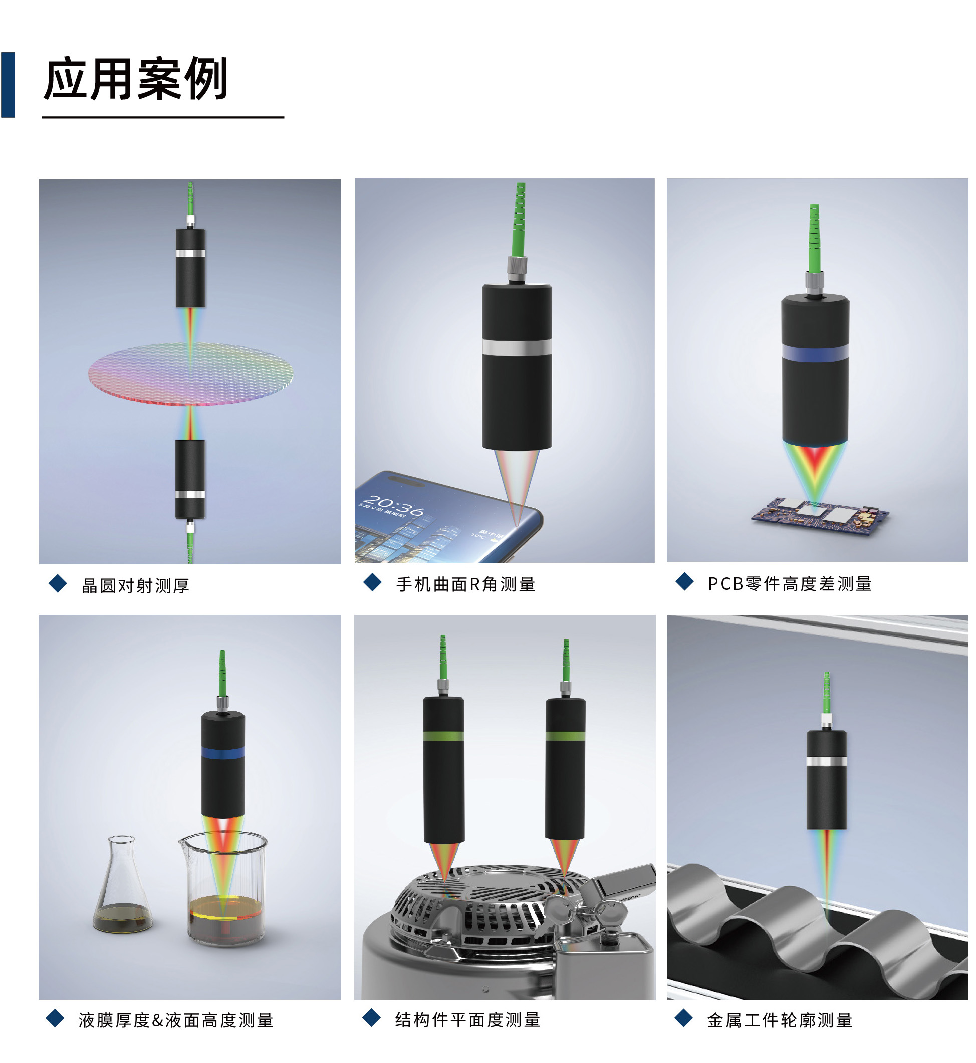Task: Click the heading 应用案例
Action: pyautogui.click(x=135, y=79)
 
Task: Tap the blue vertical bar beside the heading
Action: pyautogui.click(x=8, y=85)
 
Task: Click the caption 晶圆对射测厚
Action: pyautogui.click(x=135, y=585)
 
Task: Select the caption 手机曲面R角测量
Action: pyautogui.click(x=466, y=584)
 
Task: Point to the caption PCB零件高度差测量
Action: pyautogui.click(x=790, y=584)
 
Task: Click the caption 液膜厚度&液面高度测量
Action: pyautogui.click(x=176, y=1020)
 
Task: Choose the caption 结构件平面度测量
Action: pyautogui.click(x=467, y=1020)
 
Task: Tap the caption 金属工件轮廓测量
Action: pyautogui.click(x=780, y=1020)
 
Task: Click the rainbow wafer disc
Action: pyautogui.click(x=191, y=373)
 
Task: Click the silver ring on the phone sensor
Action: pyautogui.click(x=517, y=347)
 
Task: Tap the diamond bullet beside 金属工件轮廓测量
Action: pyautogui.click(x=684, y=1017)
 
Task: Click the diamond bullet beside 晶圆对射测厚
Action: pyautogui.click(x=58, y=583)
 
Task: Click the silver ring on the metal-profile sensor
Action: pyautogui.click(x=827, y=761)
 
